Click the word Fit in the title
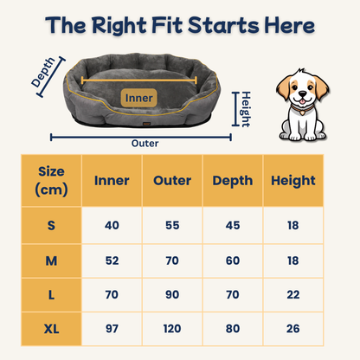pos(167,25)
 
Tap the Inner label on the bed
pos(138,98)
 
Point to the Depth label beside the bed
pos(43,72)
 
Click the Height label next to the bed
pos(246,109)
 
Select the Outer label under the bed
pos(145,144)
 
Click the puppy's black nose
pos(302,93)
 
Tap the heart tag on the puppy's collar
pos(302,112)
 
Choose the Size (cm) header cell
pos(51,181)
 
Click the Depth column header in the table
pos(233,181)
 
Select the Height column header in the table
pos(293,181)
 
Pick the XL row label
pos(51,329)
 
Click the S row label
pos(51,225)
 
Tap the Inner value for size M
pos(112,260)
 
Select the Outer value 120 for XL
pos(172,329)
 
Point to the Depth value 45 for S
pos(233,225)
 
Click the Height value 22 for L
pos(293,295)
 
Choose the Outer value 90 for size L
pos(172,295)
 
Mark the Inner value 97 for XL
pos(112,329)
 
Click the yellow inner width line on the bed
pos(139,80)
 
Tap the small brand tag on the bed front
pos(146,124)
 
